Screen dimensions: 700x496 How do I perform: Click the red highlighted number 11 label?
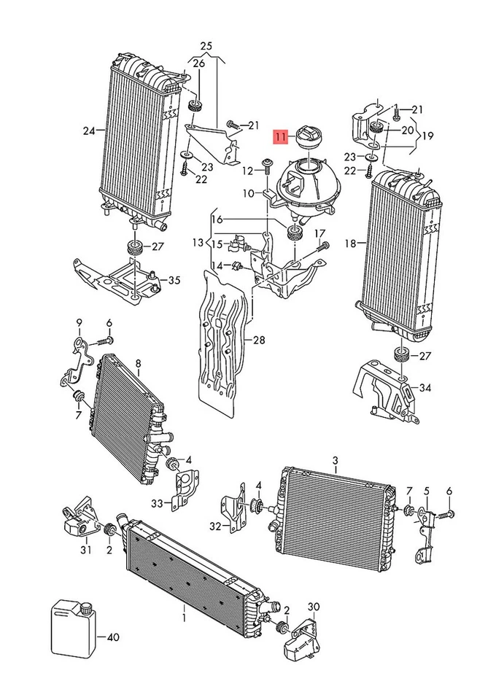coord(282,136)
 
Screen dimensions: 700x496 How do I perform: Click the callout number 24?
coord(88,131)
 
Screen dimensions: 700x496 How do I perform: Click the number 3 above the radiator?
coord(335,460)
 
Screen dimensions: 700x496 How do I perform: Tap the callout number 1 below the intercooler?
coord(184,618)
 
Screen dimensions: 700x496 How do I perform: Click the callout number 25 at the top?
coord(206,47)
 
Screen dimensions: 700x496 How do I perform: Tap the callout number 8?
coord(137,362)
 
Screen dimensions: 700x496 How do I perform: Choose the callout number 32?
coord(214,526)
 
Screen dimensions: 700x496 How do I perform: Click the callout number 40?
coord(112,637)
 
